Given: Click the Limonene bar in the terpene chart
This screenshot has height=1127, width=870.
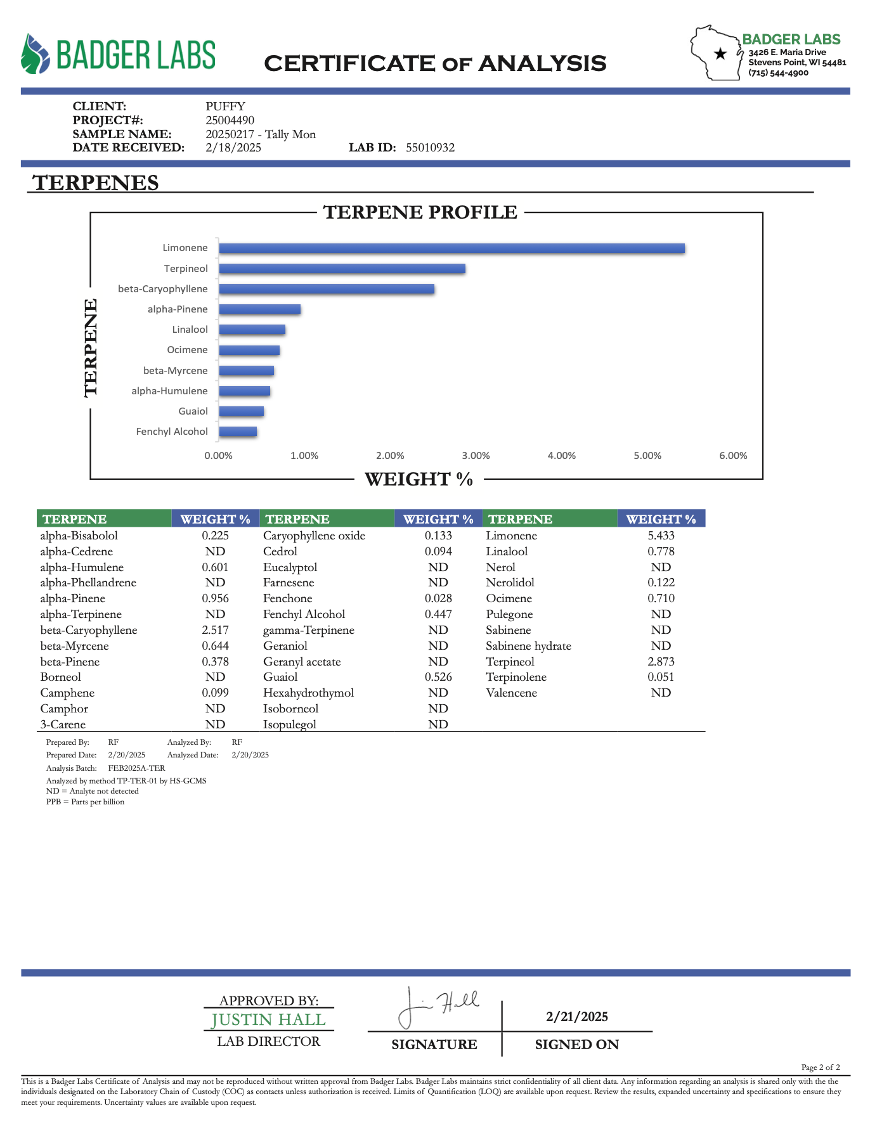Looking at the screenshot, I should pos(451,248).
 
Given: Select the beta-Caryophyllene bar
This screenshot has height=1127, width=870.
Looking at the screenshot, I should pos(327,289).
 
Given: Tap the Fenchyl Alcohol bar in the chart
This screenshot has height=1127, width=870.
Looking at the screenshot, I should pos(238,432).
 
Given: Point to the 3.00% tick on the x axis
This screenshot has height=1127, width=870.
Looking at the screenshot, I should pos(476,456).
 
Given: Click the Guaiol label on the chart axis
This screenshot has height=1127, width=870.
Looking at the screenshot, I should pos(193,411).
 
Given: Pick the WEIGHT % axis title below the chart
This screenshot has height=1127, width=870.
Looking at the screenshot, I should pos(419,480).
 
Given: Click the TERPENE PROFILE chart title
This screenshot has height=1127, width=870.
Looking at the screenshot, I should pos(420,212).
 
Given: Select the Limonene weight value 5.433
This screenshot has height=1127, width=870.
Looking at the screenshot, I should pos(661,536).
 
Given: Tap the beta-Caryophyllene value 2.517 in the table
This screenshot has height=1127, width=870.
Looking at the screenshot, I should pos(215,630).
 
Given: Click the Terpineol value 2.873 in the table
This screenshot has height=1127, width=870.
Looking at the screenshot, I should pos(661,662).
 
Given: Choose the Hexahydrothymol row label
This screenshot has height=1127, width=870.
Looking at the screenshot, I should pos(308,693).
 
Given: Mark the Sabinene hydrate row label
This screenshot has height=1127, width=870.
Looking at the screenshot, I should pos(528,646).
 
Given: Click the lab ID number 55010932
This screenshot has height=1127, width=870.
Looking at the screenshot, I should pos(430,148).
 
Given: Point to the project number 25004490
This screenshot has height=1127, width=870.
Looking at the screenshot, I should pos(230,120).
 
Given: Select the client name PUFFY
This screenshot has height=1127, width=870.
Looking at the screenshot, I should pos(225,106).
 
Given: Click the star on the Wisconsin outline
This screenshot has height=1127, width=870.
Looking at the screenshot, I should pos(720,54).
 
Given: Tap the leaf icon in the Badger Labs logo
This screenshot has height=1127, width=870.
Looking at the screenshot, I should pos(35,55).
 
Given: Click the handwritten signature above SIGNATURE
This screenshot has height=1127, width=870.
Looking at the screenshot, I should pos(438,1006).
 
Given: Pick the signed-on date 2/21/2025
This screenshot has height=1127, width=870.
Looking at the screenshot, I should pos(576,1017).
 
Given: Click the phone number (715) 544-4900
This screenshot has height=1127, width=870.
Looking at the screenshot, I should pos(778,73).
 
